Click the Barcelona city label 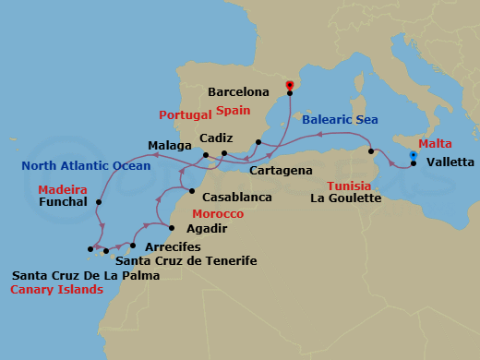[x=238, y=92]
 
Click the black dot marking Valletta [x=413, y=164]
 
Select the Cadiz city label [x=216, y=137]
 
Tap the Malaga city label [x=169, y=145]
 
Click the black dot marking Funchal [x=98, y=201]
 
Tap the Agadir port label [x=207, y=227]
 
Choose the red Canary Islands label [x=55, y=289]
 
